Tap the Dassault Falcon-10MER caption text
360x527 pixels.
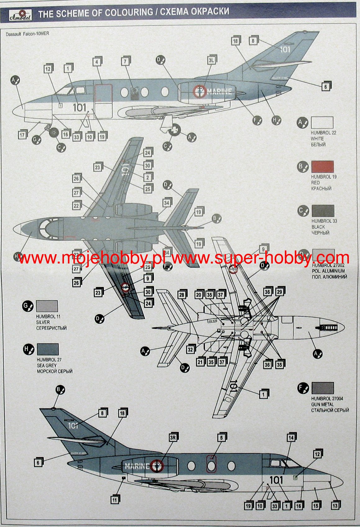(x=27, y=34)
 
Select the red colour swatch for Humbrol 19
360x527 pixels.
(x=322, y=167)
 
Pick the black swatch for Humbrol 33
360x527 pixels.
(x=323, y=211)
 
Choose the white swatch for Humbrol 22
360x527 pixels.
(x=322, y=123)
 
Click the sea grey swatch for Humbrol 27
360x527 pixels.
(x=48, y=349)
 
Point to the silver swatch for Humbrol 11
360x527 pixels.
(x=47, y=306)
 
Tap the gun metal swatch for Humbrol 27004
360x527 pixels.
(x=322, y=388)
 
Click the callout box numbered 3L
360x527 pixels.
(x=211, y=60)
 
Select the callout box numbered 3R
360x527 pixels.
(x=173, y=438)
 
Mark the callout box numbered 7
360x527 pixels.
(x=125, y=61)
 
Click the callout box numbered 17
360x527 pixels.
(x=22, y=135)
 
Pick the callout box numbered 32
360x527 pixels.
(x=190, y=349)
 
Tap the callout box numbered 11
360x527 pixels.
(x=115, y=500)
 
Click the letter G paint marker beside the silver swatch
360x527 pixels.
(x=28, y=307)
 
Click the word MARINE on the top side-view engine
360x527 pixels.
(x=219, y=91)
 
